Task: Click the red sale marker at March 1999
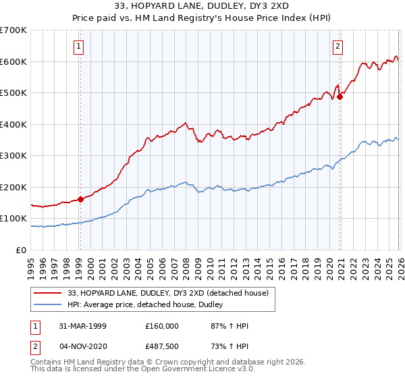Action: click(x=80, y=199)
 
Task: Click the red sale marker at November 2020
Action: click(x=340, y=97)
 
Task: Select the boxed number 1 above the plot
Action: click(x=80, y=47)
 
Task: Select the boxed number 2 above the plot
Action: click(x=337, y=47)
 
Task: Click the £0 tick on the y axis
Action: click(x=22, y=250)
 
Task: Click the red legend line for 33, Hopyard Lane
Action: click(x=48, y=293)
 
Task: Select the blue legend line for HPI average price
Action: click(x=48, y=305)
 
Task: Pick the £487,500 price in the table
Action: click(x=162, y=345)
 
